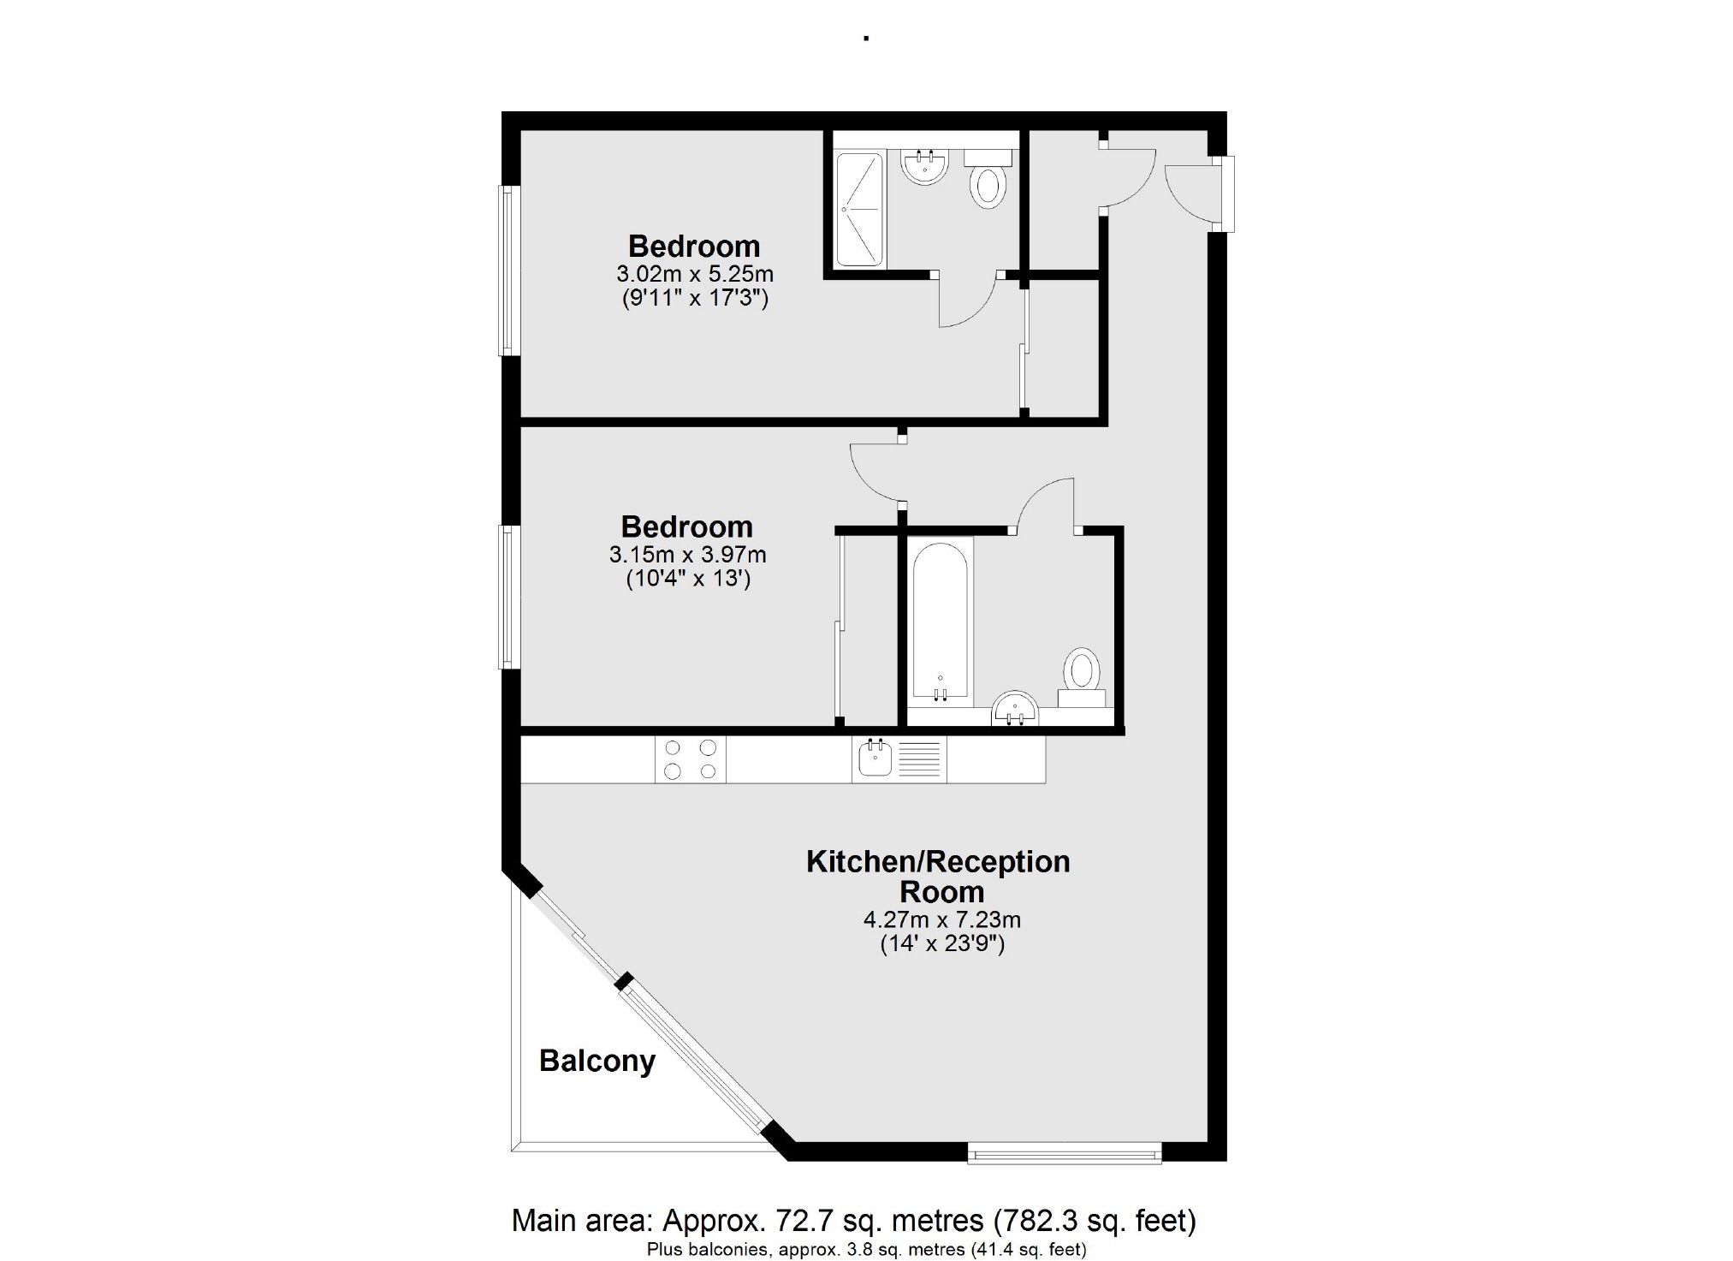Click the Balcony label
coord(596,1061)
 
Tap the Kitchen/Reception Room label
coord(938,876)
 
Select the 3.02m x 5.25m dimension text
coord(694,274)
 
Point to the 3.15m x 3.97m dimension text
coord(687,555)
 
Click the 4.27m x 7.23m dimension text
coord(941,920)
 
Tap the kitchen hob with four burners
coord(690,759)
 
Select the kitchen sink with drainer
coord(899,759)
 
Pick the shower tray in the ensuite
coord(858,209)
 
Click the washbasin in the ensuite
coord(923,166)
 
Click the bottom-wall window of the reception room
coord(1064,1154)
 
